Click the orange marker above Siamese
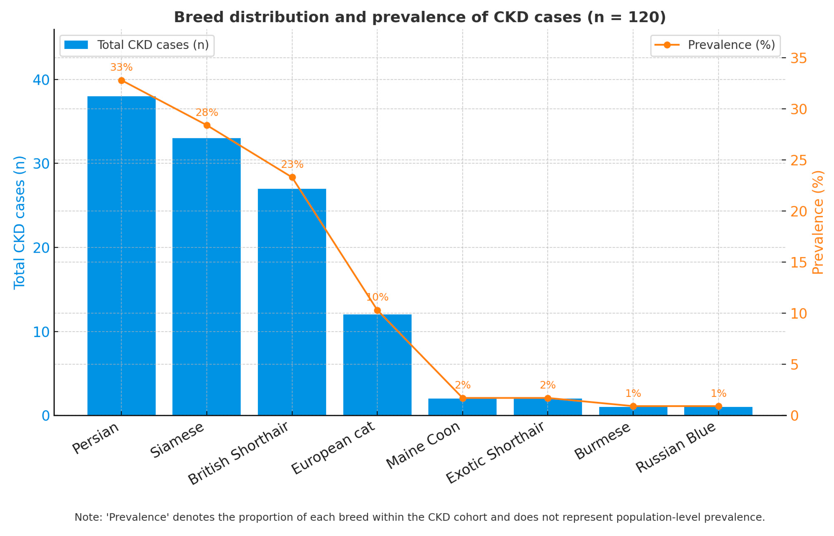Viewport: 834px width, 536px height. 207,125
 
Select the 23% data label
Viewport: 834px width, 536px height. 292,164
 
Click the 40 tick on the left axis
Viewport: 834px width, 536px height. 41,80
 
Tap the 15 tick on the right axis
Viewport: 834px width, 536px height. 798,262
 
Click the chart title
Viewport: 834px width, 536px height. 419,17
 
